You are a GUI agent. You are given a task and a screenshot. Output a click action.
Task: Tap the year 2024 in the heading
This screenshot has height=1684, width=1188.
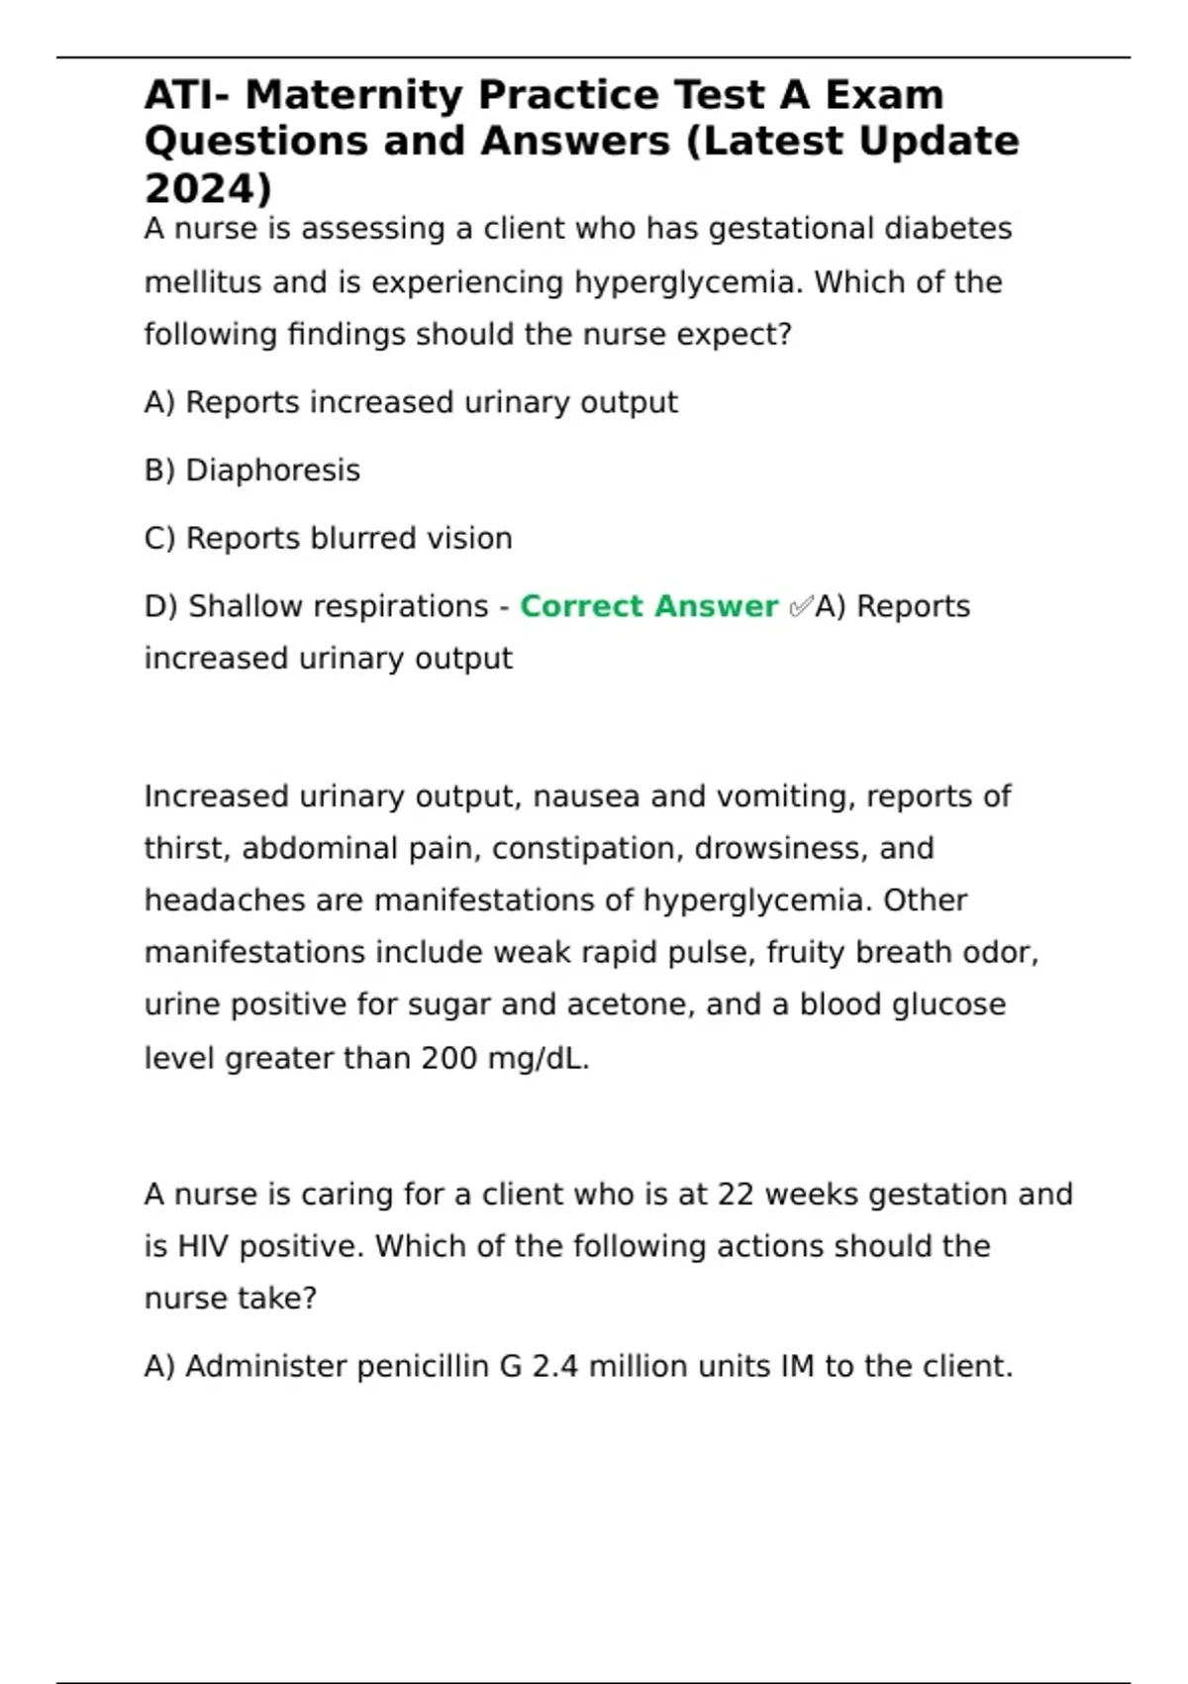pos(203,188)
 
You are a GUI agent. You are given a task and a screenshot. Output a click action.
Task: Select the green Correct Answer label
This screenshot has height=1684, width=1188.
pos(648,606)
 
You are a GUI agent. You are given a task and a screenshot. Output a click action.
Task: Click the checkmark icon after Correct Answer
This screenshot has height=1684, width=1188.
pos(800,606)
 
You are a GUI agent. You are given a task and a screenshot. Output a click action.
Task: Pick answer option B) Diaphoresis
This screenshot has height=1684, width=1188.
pos(252,471)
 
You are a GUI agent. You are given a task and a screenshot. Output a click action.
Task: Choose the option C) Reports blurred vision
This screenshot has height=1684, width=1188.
pos(329,539)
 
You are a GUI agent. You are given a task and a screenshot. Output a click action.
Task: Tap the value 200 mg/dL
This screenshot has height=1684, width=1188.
pos(505,1059)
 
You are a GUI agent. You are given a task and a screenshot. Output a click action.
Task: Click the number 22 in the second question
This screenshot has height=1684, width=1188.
pos(737,1195)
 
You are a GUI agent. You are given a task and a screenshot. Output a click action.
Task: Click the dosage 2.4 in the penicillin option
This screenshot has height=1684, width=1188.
pos(554,1367)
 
